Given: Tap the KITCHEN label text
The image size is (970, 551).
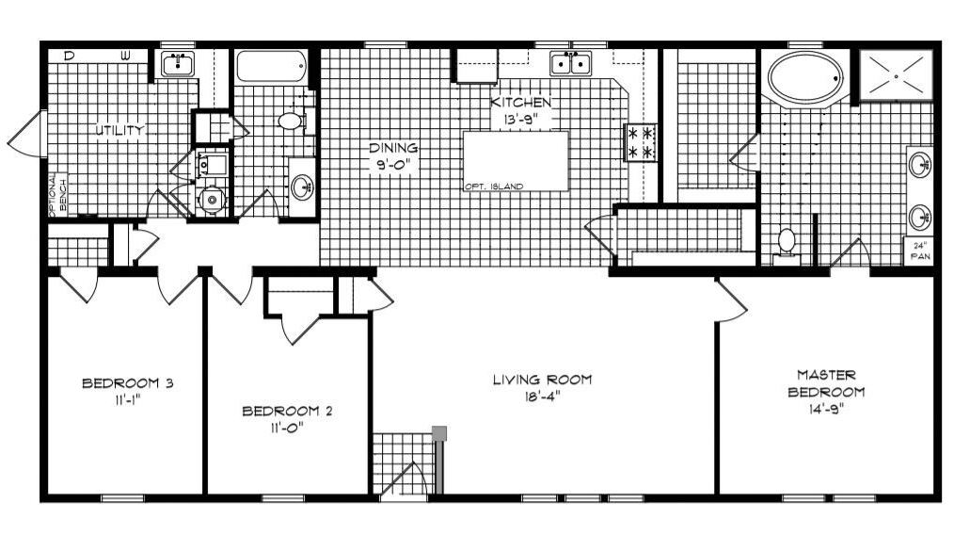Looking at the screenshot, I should pyautogui.click(x=520, y=102).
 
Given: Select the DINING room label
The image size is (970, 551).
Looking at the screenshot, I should pyautogui.click(x=392, y=148).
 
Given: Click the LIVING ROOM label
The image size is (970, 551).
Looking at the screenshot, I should pyautogui.click(x=543, y=380).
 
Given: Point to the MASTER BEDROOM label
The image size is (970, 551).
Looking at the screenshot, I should pyautogui.click(x=825, y=383).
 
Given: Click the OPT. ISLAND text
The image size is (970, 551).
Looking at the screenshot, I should pyautogui.click(x=493, y=186).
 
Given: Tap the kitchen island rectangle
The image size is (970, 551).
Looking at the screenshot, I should pyautogui.click(x=516, y=157).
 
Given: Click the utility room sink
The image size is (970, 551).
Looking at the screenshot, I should pyautogui.click(x=176, y=64).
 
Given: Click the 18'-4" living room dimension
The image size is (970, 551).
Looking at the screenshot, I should pyautogui.click(x=543, y=397).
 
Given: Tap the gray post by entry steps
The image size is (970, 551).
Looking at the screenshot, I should pyautogui.click(x=438, y=433).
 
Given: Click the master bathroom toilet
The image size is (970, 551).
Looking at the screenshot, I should pyautogui.click(x=786, y=242).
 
